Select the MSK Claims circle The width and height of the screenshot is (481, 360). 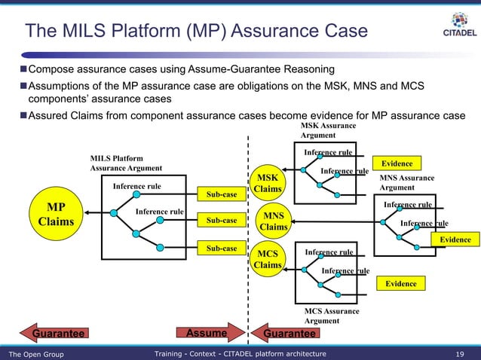[268, 182]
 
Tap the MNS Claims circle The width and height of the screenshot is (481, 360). [273, 220]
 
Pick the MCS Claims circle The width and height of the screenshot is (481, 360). [268, 258]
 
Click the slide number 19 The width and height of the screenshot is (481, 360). [461, 354]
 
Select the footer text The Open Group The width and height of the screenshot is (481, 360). [35, 354]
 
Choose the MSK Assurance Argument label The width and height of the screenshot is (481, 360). [328, 130]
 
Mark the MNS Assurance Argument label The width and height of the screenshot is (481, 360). [407, 182]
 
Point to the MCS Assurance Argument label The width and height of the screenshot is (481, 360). [332, 316]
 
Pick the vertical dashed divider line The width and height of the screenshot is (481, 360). [248, 226]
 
